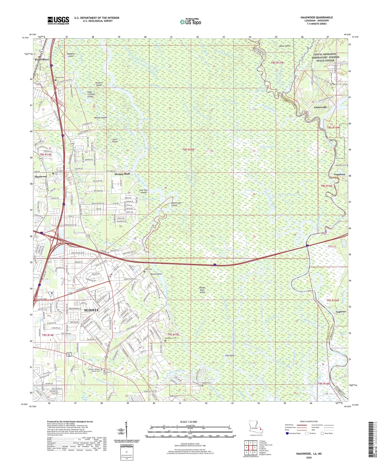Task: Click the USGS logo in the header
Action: click(58, 20)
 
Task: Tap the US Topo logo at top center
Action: click(190, 22)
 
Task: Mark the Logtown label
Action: click(341, 312)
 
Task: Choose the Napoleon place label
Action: click(339, 174)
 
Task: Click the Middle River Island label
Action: click(202, 290)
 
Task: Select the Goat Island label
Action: click(115, 140)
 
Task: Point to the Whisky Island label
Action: click(100, 118)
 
